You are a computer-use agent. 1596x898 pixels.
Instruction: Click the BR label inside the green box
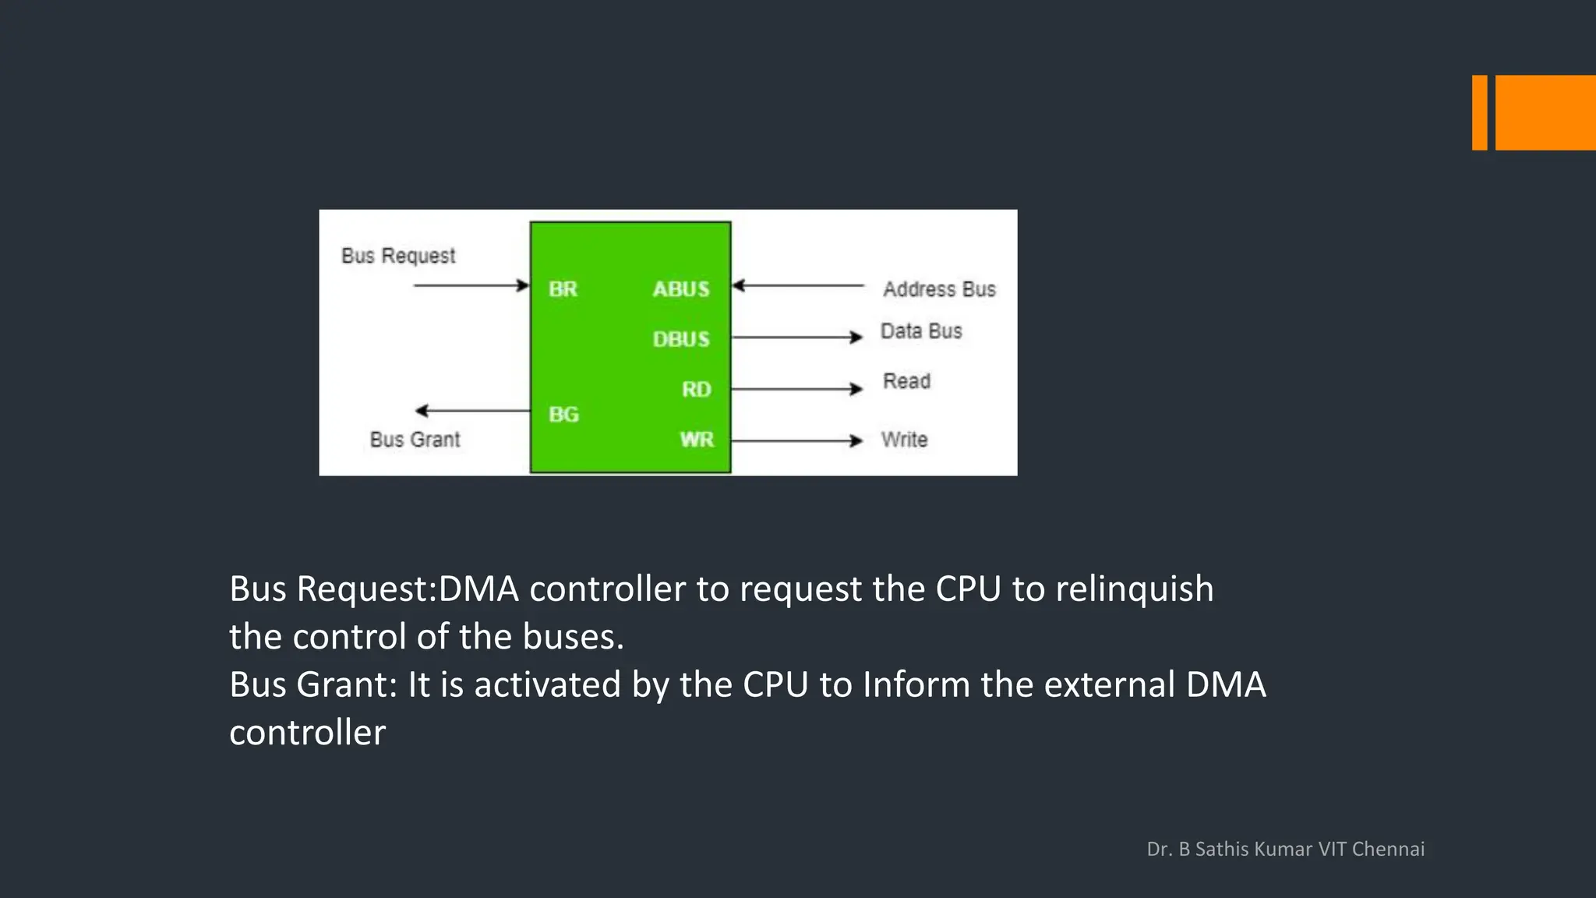click(x=563, y=289)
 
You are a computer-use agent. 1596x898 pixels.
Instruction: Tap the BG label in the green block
click(x=563, y=414)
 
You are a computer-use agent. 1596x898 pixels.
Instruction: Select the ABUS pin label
click(x=681, y=289)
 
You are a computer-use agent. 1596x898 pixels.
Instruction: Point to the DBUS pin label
click(x=681, y=339)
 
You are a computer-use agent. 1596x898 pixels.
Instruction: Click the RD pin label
click(x=696, y=389)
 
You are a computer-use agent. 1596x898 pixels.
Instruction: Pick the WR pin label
click(x=696, y=440)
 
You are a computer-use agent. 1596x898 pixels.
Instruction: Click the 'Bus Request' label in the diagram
click(x=398, y=256)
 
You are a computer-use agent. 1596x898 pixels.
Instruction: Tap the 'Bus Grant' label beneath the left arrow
click(x=415, y=440)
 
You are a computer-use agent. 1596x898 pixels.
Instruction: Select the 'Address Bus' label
click(x=939, y=289)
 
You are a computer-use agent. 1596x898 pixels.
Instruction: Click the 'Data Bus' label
click(x=921, y=331)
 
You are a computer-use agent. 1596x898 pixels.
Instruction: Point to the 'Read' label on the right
click(x=906, y=381)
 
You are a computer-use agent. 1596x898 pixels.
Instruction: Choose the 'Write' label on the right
click(x=904, y=440)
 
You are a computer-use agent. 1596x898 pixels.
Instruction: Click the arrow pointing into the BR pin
click(x=471, y=285)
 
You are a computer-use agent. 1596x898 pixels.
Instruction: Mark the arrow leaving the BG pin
click(x=472, y=410)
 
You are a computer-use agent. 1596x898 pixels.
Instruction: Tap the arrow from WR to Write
click(x=796, y=440)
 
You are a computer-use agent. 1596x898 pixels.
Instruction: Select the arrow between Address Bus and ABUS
click(x=798, y=285)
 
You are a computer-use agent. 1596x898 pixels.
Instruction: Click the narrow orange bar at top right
click(x=1479, y=112)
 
